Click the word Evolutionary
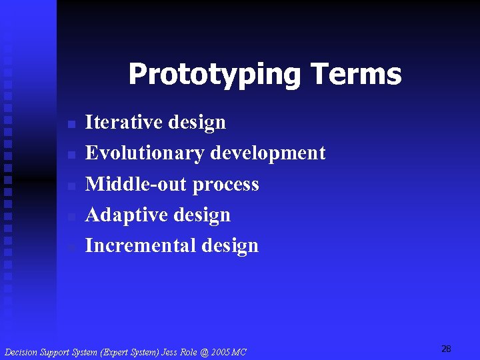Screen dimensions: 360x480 pos(145,153)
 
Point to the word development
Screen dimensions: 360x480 pos(267,153)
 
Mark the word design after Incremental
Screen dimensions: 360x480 pos(229,246)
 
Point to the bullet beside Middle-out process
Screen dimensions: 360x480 pos(71,186)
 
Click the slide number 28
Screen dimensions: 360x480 pos(446,349)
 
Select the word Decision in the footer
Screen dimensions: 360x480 pos(22,352)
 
